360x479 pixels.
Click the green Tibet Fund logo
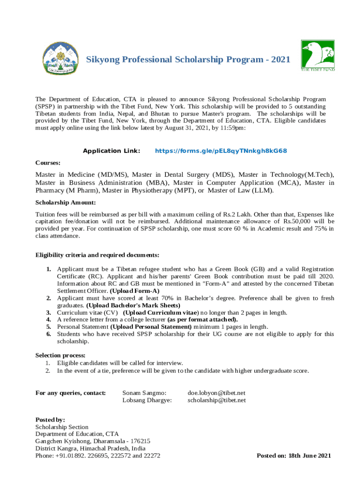[317, 55]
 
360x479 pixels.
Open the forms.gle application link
[221, 151]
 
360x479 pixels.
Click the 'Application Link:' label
[111, 151]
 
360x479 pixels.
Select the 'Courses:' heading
[48, 163]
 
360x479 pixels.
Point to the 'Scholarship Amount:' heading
[65, 203]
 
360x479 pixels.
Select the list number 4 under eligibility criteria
[48, 319]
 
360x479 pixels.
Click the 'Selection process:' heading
[60, 356]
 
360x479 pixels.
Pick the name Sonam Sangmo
[144, 393]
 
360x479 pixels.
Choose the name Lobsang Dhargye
[147, 400]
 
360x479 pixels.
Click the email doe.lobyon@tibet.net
[216, 393]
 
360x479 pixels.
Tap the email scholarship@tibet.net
[216, 400]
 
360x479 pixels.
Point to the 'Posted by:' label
[50, 420]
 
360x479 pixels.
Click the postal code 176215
[137, 441]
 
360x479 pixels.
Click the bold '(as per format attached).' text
[202, 319]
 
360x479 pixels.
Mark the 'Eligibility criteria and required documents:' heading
[98, 255]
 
